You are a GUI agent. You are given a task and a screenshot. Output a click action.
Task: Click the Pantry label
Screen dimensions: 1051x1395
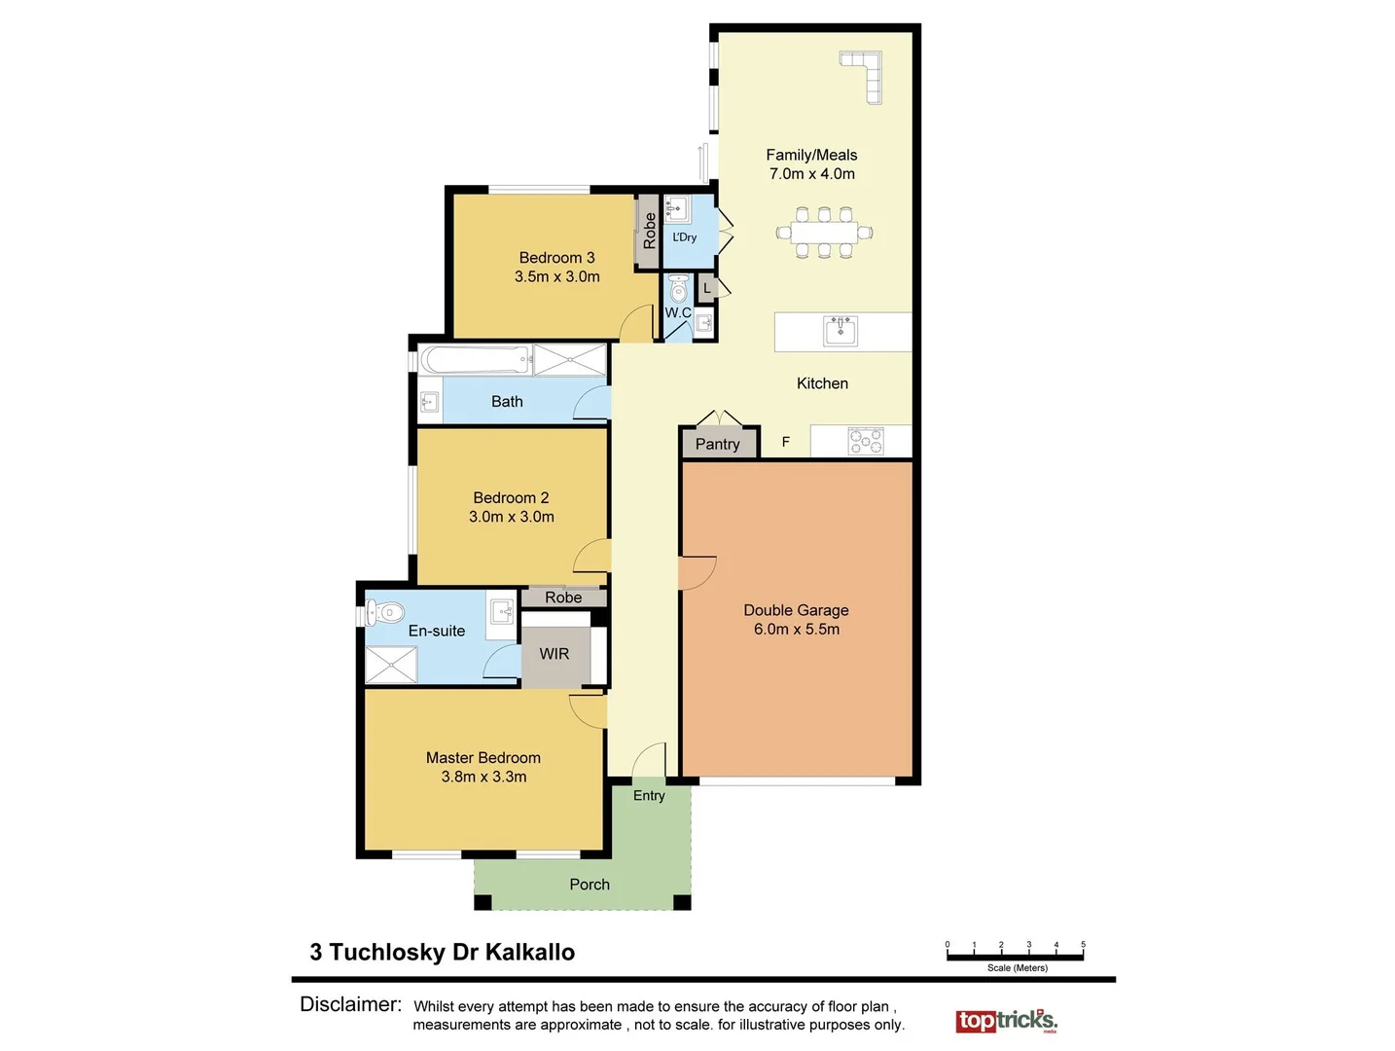coord(717,444)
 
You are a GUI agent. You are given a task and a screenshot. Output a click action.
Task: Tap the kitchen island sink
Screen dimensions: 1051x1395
coord(841,331)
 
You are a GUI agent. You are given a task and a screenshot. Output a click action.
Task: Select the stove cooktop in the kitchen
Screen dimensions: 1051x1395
coord(865,441)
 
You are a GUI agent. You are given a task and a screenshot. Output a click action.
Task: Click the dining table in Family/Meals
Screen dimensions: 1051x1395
coord(824,233)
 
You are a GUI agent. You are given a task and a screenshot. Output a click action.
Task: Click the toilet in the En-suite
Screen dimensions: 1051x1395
coord(386,612)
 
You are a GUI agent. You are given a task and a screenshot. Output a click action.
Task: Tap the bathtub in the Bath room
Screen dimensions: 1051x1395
coord(475,359)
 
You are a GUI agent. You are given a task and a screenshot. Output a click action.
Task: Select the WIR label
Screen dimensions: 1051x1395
coord(554,654)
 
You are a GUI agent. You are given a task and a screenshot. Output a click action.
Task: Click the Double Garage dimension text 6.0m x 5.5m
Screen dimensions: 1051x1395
coord(796,630)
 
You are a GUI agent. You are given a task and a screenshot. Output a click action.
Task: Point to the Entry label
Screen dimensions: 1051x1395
coord(649,795)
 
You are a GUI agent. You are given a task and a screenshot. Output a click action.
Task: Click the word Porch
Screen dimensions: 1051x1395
coord(590,885)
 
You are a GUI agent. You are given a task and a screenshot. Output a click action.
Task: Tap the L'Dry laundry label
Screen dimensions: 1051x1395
coord(685,236)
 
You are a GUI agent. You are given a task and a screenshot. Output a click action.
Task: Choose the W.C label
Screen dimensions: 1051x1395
coord(678,312)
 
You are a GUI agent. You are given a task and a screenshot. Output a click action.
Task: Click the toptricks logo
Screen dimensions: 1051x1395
coord(1006,1020)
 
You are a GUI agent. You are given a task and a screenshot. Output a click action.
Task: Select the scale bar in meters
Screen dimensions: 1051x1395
coord(1015,956)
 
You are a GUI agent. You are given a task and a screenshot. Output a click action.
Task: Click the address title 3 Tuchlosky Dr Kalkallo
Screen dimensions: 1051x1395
coord(443,952)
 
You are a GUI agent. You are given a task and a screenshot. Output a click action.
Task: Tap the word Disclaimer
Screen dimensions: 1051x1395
coord(350,1004)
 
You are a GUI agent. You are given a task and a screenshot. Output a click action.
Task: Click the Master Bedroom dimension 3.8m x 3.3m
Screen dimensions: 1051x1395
coord(483,777)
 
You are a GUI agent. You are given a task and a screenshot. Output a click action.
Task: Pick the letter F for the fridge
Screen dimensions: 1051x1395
coord(786,442)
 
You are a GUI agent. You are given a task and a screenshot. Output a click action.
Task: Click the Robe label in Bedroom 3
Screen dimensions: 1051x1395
coord(649,231)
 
